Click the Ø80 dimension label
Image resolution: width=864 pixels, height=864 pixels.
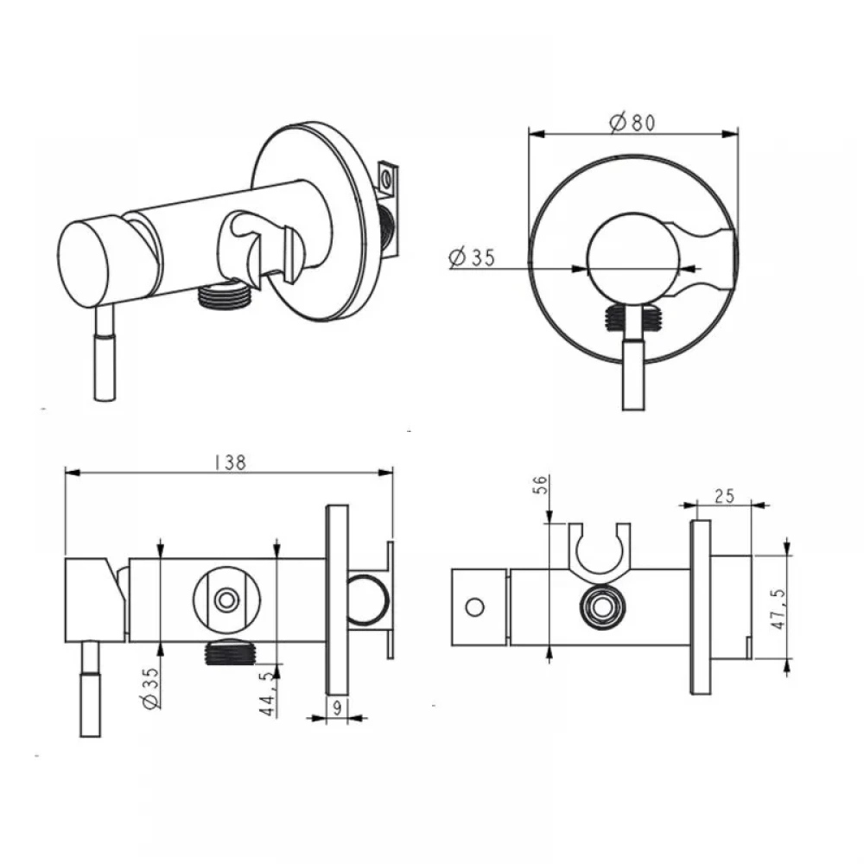(x=632, y=122)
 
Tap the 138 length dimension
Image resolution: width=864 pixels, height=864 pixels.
(x=231, y=462)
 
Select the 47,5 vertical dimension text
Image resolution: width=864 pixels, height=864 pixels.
(x=778, y=608)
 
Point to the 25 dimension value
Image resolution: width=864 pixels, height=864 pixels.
(x=724, y=497)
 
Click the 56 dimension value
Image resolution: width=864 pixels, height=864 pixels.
(x=541, y=485)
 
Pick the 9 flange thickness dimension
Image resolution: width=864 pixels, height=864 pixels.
(x=337, y=708)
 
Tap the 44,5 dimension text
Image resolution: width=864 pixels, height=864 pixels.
(x=268, y=693)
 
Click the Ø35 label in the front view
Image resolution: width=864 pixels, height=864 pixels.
(x=472, y=257)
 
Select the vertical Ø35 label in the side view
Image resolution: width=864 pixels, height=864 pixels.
(x=149, y=688)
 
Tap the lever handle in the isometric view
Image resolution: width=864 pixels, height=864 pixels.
(x=105, y=353)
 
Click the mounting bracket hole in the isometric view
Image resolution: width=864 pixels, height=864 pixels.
(x=387, y=179)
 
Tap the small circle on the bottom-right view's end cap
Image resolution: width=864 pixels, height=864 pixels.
(x=475, y=607)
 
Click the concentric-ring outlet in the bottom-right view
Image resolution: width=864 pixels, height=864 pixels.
(x=603, y=607)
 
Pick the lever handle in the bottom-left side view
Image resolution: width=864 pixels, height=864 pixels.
(x=91, y=689)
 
